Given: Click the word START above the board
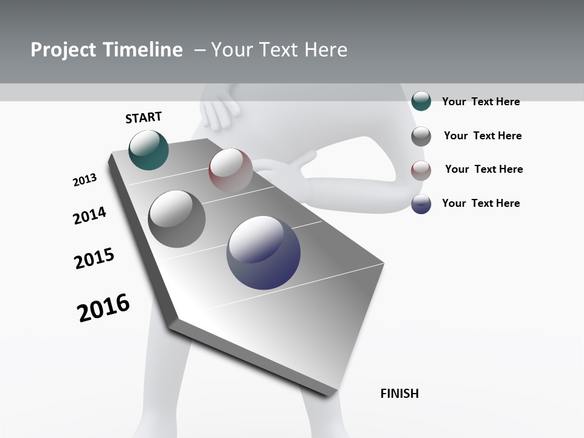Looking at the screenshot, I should pos(144,117).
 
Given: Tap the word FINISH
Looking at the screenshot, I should pos(400,394).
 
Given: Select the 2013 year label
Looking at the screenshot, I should pos(85,180).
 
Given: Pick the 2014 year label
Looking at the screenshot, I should pos(90,215).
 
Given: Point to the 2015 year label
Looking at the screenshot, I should pos(94,259).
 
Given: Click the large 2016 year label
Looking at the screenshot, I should pos(104,308).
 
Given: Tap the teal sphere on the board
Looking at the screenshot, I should pos(148,150).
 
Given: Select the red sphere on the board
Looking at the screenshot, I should pos(231,170).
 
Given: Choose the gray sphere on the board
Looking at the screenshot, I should pos(176,219).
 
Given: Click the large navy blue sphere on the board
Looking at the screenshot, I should pos(263,252).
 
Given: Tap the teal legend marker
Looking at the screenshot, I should pos(421,101).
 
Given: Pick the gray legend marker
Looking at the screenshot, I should pos(421,136).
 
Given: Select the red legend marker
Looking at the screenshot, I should pos(421,170).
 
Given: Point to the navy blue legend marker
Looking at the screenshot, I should pos(421,204).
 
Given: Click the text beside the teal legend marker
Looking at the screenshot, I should pos(481,102).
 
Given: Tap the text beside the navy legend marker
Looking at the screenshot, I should pos(481,203).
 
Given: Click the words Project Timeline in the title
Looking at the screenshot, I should pos(106,50).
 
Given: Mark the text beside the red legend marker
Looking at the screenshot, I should pos(484,169).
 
